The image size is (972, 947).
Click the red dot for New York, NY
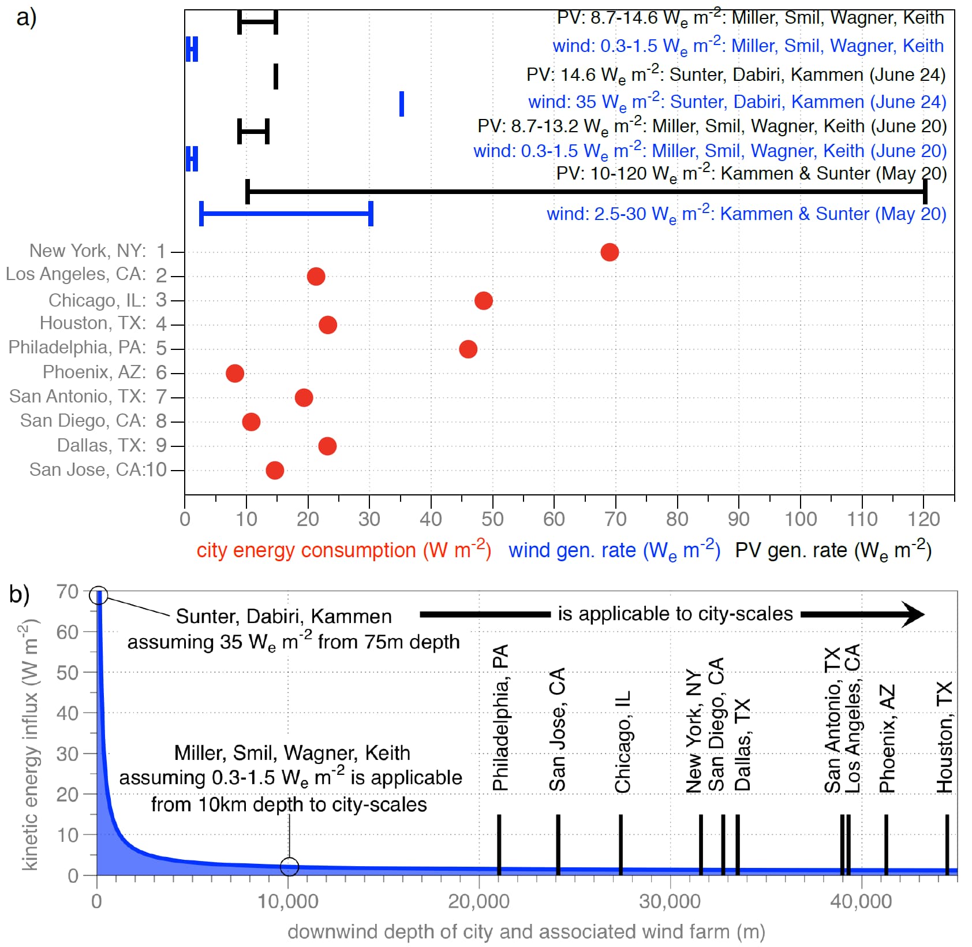pos(610,252)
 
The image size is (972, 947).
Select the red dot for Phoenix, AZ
pos(235,373)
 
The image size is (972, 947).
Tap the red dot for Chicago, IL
pos(484,300)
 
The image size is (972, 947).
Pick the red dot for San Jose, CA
pos(275,470)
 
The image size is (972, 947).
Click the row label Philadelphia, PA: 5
pos(87,348)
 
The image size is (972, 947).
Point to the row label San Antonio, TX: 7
pos(88,397)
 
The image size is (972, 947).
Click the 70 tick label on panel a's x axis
pos(615,519)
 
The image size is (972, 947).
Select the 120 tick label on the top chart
pos(924,519)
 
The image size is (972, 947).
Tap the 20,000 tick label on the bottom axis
pos(478,901)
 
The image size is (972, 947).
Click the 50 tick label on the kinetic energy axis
pos(68,673)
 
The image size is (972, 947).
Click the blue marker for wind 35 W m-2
pos(402,104)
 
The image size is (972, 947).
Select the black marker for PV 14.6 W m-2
pos(276,76)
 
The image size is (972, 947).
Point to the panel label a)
pos(27,18)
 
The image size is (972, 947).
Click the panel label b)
pos(20,594)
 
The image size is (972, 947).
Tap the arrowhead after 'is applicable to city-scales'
pos(913,614)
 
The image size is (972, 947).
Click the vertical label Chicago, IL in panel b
pos(622,741)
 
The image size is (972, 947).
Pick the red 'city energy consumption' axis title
pos(343,550)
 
